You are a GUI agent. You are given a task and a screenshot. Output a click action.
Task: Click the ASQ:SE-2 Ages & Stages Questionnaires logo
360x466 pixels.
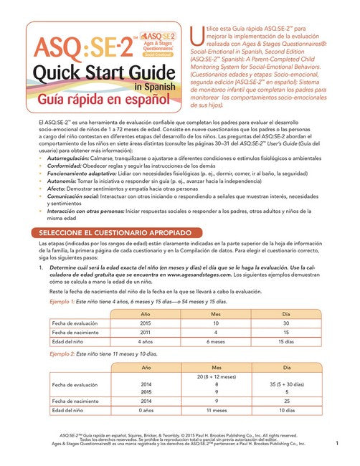pyautogui.click(x=157, y=42)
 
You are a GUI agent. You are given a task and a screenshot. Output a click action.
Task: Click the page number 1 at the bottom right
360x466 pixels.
pyautogui.click(x=336, y=444)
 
